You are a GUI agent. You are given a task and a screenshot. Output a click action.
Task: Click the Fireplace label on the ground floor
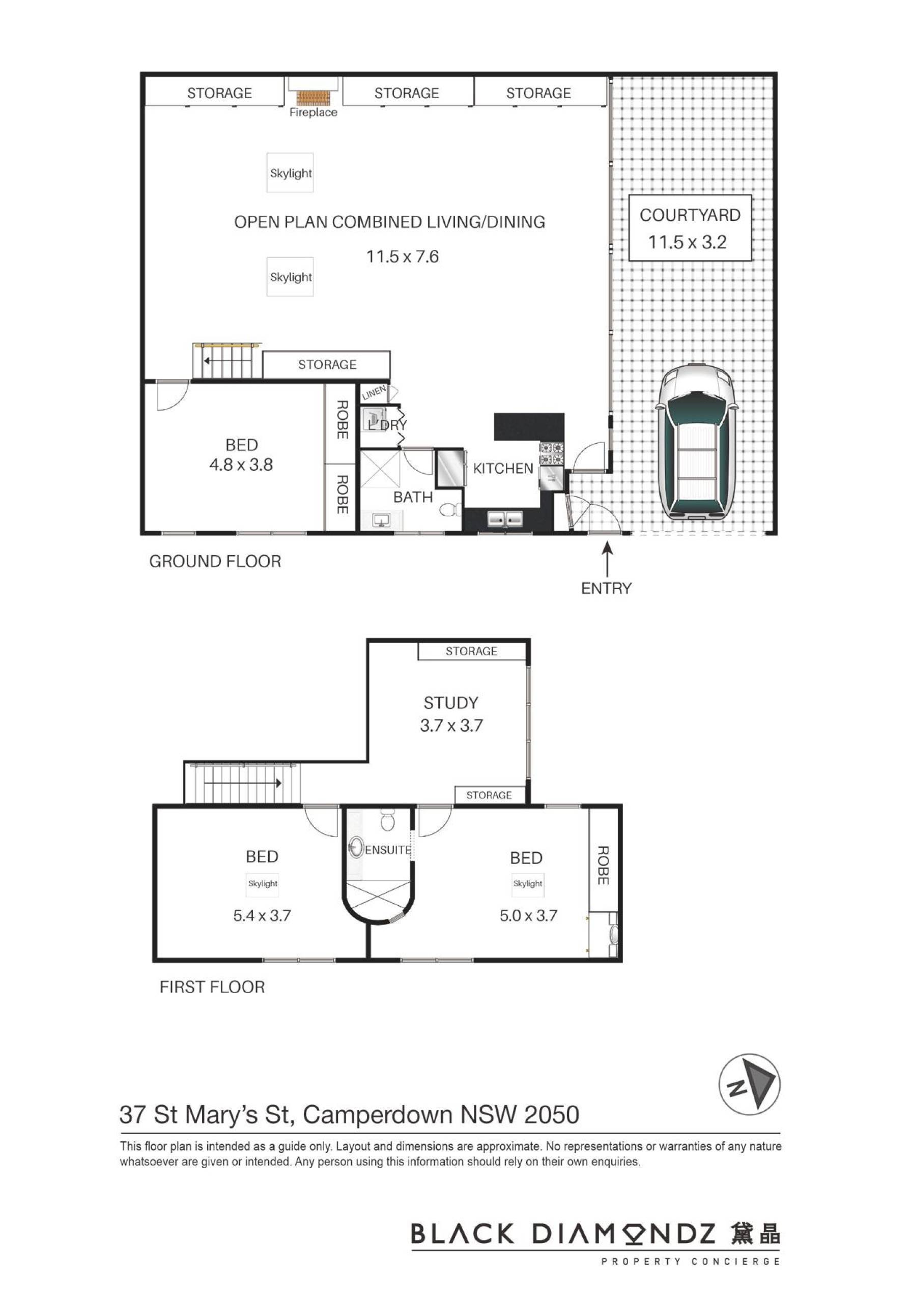313,112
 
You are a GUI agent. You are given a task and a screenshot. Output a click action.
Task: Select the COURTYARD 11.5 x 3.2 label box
690,228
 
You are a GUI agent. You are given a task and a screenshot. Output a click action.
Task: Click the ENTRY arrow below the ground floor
607,558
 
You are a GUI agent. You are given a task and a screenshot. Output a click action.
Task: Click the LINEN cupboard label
374,392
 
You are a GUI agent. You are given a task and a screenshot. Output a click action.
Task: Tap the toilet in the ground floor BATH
450,510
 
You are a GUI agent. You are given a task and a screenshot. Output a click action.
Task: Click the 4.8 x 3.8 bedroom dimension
241,465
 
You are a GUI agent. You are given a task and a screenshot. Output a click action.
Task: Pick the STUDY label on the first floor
451,703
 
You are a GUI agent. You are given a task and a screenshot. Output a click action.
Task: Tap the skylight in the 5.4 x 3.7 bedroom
263,883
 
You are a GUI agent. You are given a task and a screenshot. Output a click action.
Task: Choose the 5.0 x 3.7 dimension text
528,915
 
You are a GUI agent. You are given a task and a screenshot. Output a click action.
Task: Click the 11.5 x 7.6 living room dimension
403,257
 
